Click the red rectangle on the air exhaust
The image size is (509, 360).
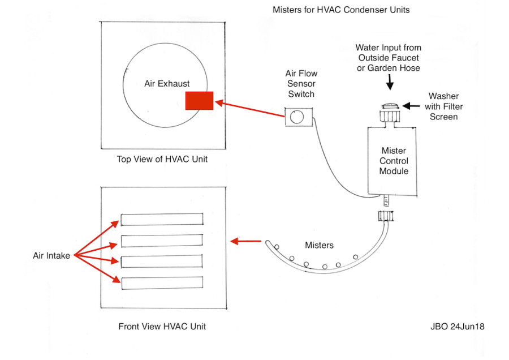click(199, 100)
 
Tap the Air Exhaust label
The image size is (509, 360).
click(166, 84)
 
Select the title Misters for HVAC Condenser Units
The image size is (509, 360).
click(341, 10)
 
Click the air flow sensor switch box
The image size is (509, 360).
click(298, 118)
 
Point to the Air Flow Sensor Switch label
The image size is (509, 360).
click(301, 84)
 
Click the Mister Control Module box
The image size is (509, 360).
click(393, 160)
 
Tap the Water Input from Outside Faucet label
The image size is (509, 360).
click(389, 58)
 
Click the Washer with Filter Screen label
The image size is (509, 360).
click(443, 106)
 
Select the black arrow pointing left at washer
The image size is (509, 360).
click(412, 105)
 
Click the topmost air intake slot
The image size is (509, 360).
click(162, 219)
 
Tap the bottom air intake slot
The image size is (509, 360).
click(162, 282)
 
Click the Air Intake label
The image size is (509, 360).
click(51, 256)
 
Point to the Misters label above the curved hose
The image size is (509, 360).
click(319, 245)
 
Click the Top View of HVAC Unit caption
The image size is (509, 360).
click(162, 159)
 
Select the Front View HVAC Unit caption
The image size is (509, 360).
click(162, 327)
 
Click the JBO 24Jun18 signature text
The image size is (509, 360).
click(457, 327)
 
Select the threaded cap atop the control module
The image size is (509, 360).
click(389, 118)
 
